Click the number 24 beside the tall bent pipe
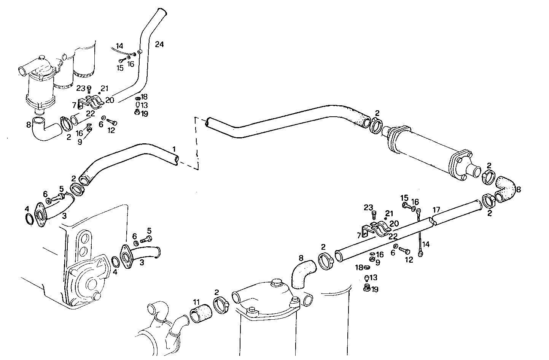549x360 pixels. pyautogui.click(x=159, y=44)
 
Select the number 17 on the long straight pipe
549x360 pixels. pyautogui.click(x=436, y=209)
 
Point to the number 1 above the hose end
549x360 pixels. pyautogui.click(x=174, y=148)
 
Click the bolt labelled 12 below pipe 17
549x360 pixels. pyautogui.click(x=404, y=251)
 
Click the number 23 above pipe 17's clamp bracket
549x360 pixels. pyautogui.click(x=368, y=207)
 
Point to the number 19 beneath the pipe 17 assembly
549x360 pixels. pyautogui.click(x=375, y=290)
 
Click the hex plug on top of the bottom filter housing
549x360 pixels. pyautogui.click(x=275, y=283)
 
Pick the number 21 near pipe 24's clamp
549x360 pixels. pyautogui.click(x=105, y=88)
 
